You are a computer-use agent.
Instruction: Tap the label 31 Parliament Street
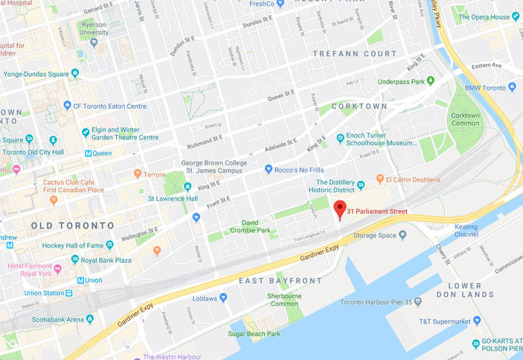click(x=376, y=211)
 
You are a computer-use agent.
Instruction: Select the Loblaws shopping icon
click(x=223, y=298)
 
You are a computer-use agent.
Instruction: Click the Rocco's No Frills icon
click(x=268, y=170)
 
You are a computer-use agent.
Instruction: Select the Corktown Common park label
click(x=465, y=120)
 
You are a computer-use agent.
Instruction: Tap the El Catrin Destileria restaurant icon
click(x=379, y=179)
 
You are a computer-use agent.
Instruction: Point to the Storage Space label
click(x=374, y=235)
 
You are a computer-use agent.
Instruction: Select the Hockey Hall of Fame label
click(x=73, y=245)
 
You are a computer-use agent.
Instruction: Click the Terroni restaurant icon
click(x=137, y=173)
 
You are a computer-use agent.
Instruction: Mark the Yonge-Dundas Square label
click(x=39, y=73)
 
